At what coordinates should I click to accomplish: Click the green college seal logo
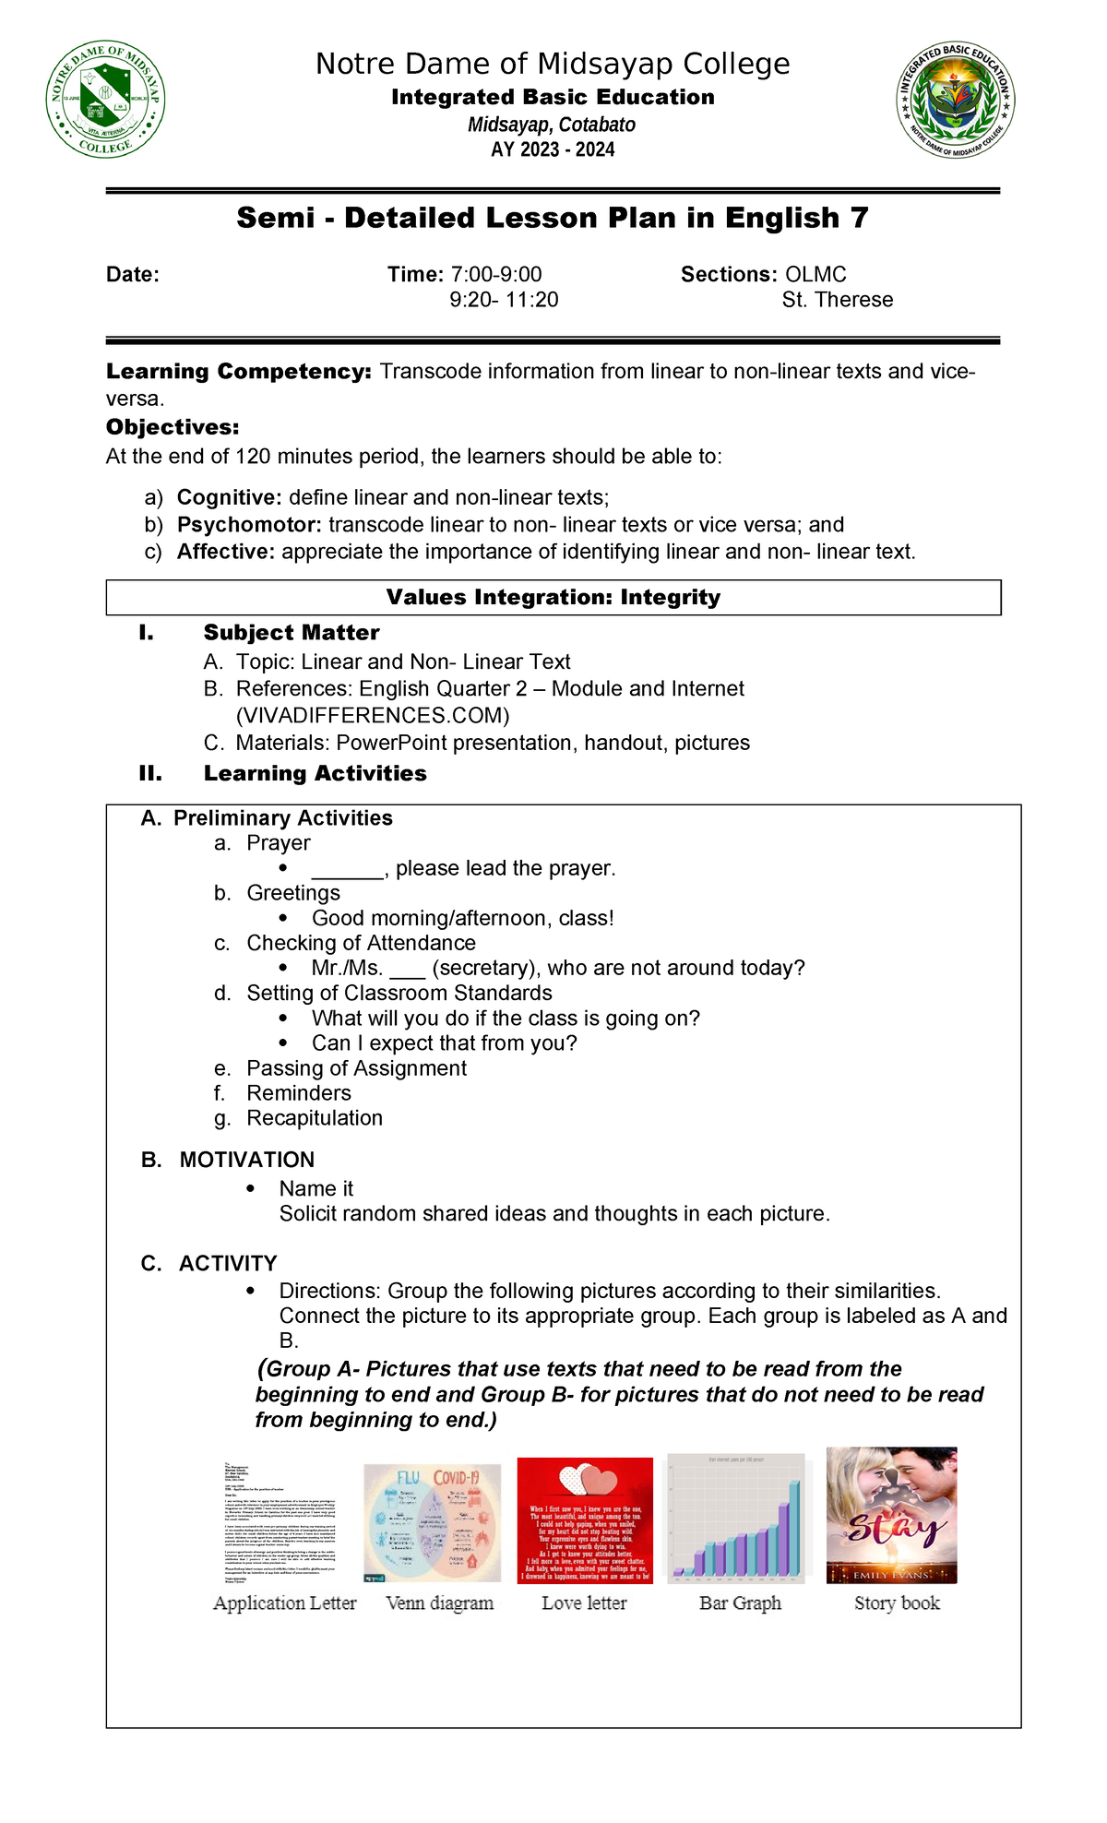pos(106,99)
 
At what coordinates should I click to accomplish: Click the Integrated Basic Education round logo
pos(956,99)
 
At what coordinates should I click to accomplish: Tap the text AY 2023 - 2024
pos(553,149)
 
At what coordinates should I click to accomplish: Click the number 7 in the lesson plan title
pos(859,218)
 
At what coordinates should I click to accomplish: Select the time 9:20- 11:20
pos(504,300)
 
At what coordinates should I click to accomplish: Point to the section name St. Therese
pos(837,300)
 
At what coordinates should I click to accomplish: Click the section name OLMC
pos(815,274)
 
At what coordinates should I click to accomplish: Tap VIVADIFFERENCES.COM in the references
pos(373,716)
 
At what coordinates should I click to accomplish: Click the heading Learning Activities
pos(315,773)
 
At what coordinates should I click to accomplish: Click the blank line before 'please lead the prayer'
pos(347,869)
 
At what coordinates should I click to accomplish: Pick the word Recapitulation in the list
pos(315,1118)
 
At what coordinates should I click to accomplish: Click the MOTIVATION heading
pos(246,1160)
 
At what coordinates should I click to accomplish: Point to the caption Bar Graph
pos(740,1603)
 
